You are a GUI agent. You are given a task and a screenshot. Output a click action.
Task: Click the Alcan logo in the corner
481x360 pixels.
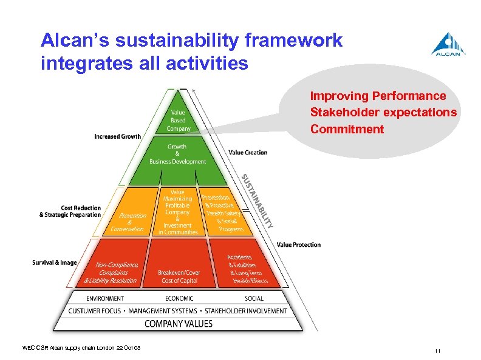click(x=449, y=45)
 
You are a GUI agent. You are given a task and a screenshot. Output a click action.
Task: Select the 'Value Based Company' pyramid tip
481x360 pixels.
click(x=178, y=121)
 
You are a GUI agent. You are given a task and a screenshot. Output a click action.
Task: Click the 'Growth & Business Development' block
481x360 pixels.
click(x=178, y=154)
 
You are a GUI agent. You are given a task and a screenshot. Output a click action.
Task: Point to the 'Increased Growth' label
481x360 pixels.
click(x=117, y=136)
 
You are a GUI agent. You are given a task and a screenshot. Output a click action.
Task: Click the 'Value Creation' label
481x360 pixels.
click(x=248, y=152)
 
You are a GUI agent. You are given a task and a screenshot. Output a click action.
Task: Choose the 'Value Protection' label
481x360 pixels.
click(x=298, y=245)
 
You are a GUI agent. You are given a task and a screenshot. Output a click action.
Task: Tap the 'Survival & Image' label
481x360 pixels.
click(x=55, y=262)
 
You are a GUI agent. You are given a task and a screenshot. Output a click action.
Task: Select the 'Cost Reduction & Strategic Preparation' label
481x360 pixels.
click(x=70, y=212)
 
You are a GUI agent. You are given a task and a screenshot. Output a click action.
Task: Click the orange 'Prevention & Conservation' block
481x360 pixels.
click(x=128, y=222)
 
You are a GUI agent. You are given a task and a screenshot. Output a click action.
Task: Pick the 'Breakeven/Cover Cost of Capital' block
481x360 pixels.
click(x=179, y=276)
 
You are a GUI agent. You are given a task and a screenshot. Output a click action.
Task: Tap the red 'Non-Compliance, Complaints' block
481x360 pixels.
click(x=116, y=273)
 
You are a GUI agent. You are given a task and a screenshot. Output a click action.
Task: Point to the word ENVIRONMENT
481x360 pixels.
click(x=105, y=298)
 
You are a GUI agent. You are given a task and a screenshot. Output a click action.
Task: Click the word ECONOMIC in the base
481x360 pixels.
click(x=179, y=298)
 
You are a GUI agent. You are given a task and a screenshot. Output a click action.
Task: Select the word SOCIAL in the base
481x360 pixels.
click(x=254, y=298)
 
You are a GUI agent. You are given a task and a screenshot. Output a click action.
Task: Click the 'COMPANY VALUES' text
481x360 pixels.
click(x=179, y=324)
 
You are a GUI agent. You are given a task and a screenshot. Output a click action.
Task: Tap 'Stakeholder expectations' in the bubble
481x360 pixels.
click(x=383, y=113)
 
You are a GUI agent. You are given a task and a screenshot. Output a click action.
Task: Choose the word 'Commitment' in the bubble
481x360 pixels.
click(x=347, y=129)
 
